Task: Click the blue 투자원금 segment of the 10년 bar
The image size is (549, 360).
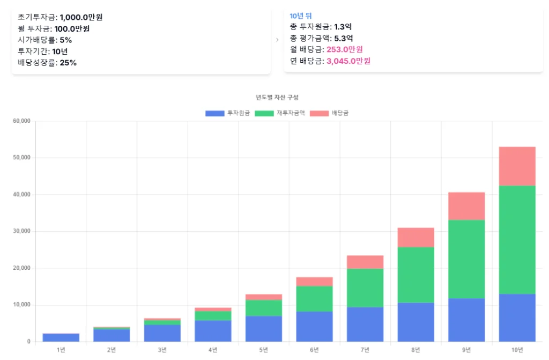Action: pos(517,318)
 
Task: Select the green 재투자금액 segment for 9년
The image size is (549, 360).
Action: pos(466,259)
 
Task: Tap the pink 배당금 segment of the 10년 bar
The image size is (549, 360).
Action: pos(517,166)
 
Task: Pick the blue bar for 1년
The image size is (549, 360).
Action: pos(61,337)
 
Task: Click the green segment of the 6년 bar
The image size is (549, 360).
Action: pos(314,299)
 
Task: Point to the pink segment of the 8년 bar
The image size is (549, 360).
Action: pos(416,237)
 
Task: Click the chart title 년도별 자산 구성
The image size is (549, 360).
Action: pos(277,97)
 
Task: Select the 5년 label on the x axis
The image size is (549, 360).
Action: pos(264,350)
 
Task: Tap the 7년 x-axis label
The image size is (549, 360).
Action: pos(365,350)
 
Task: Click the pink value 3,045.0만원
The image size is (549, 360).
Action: pos(348,61)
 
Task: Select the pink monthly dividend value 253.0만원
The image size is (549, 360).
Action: pos(345,49)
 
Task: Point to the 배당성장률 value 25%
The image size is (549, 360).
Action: pos(68,63)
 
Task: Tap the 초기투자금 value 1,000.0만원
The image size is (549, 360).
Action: pos(81,17)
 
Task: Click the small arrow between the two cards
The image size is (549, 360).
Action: pos(277,40)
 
